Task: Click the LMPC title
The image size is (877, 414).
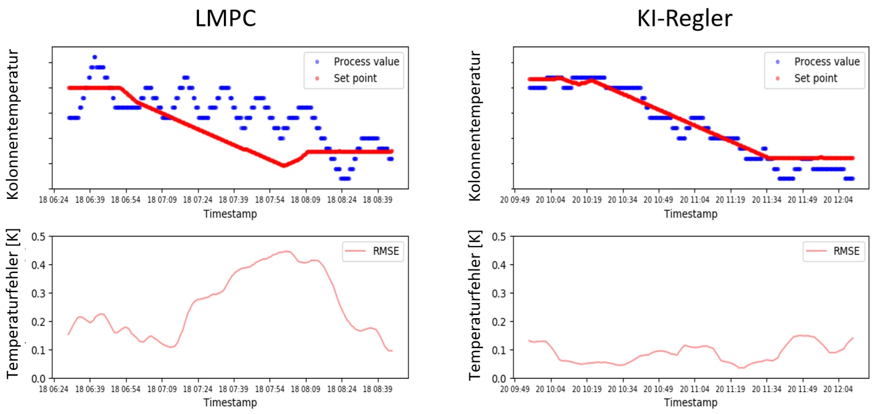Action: pyautogui.click(x=225, y=19)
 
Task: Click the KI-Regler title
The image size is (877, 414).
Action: pyautogui.click(x=684, y=19)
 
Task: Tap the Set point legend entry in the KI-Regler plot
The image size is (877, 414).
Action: pyautogui.click(x=815, y=78)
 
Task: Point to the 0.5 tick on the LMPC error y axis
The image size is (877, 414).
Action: pyautogui.click(x=38, y=237)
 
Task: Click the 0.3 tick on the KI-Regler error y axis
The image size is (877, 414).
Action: pyautogui.click(x=499, y=293)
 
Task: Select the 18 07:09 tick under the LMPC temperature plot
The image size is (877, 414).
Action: pyautogui.click(x=162, y=200)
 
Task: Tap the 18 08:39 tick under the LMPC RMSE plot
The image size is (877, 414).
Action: pyautogui.click(x=377, y=389)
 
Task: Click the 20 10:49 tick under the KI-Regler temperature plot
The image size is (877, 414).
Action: pyautogui.click(x=658, y=200)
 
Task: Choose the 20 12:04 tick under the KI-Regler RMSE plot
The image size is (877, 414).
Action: pyautogui.click(x=838, y=389)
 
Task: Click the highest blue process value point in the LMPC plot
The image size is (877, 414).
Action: pyautogui.click(x=94, y=57)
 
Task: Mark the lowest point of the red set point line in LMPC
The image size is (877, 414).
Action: pyautogui.click(x=283, y=165)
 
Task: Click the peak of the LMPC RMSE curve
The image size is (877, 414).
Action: pyautogui.click(x=286, y=251)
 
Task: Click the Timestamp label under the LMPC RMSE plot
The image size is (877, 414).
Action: pyautogui.click(x=230, y=403)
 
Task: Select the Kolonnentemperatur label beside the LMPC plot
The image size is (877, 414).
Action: pyautogui.click(x=12, y=124)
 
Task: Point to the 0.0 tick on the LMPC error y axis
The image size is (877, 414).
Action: pyautogui.click(x=38, y=379)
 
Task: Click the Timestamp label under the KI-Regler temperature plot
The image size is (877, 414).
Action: pyautogui.click(x=691, y=214)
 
